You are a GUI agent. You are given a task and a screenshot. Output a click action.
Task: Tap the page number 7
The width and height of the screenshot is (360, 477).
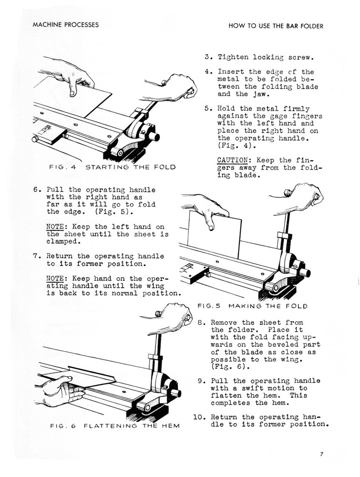coord(322,454)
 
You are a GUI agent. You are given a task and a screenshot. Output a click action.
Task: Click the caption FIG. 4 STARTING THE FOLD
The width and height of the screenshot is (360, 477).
coord(112,167)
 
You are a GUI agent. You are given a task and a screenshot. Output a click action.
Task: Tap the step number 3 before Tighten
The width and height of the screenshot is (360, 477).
coord(207,57)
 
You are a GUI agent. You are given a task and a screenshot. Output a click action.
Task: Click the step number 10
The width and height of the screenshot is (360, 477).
coord(199,416)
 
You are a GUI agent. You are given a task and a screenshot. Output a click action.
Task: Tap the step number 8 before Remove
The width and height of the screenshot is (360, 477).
coord(200,322)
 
